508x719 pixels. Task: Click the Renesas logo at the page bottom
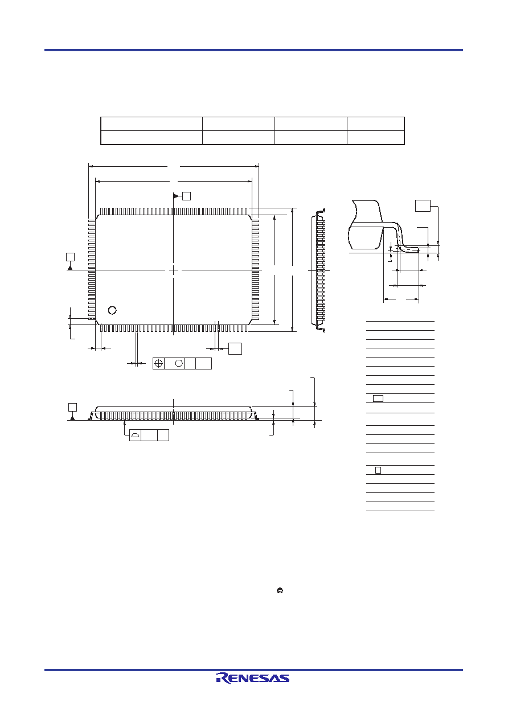coord(253,678)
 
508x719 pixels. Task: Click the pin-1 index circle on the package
coord(112,310)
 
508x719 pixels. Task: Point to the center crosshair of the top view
coord(173,270)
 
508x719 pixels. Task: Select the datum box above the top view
coord(187,196)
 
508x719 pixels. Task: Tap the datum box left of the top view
coord(70,257)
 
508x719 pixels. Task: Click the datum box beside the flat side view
coord(72,407)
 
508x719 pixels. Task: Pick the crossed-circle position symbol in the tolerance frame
coord(159,363)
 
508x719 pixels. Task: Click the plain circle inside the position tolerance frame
coord(179,363)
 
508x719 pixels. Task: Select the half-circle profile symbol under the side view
coord(136,435)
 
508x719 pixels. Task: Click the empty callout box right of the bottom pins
coord(235,348)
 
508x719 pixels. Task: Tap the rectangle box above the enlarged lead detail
coord(423,206)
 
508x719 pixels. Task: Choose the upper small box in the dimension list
coord(378,398)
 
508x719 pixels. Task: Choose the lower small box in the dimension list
coord(378,470)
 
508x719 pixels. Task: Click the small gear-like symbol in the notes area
coord(280,590)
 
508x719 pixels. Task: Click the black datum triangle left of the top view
coord(70,268)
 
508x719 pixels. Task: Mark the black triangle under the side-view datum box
coord(72,418)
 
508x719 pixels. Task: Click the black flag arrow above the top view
coord(175,196)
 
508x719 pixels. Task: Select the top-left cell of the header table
coord(151,124)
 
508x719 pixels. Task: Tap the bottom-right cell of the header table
coord(376,138)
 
